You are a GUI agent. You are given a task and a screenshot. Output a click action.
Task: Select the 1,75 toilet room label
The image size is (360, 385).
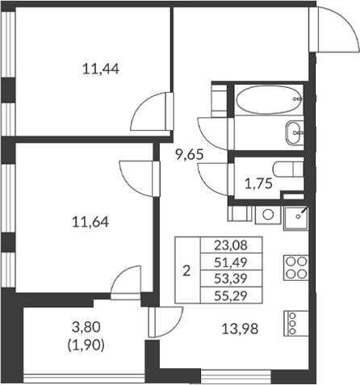point(259,183)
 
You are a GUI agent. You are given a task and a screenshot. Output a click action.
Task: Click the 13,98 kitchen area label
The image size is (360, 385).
point(239,328)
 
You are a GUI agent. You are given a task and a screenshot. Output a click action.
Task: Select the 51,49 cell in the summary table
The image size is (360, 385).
point(232,262)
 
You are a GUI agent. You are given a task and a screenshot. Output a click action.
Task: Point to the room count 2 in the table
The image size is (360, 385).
point(186,270)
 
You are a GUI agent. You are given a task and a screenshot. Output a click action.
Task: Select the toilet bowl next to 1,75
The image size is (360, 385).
point(287,169)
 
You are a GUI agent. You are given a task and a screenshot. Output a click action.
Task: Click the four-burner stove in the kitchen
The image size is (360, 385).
point(295,266)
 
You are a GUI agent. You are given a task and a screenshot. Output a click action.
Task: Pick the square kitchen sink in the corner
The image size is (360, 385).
point(295,216)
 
